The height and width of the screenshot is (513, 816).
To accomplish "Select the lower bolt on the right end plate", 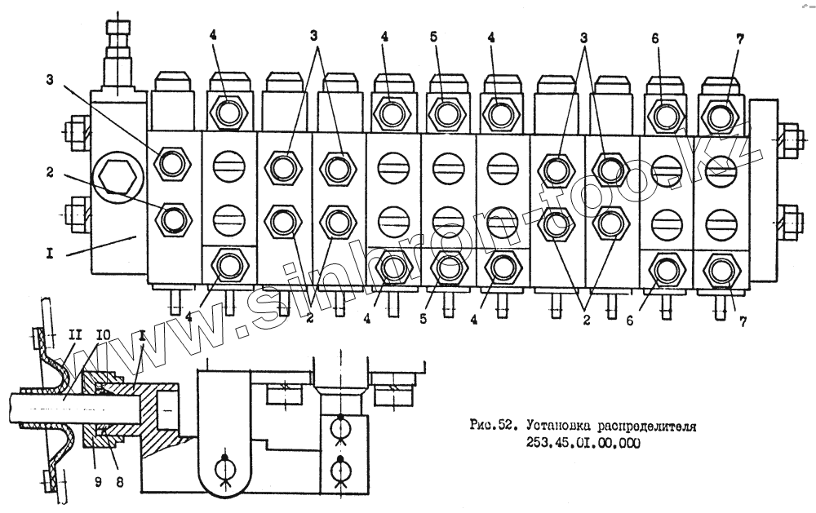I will (790, 219).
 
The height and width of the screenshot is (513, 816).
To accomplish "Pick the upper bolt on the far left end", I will (77, 130).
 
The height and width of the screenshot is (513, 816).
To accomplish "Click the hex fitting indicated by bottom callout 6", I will (666, 268).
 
